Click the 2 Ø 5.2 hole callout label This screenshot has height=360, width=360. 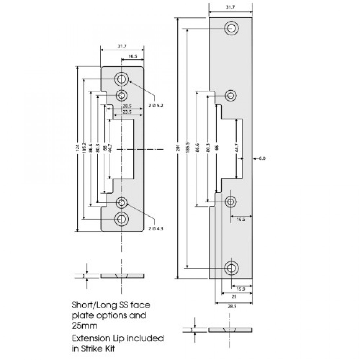157,105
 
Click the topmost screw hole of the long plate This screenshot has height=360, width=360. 231,28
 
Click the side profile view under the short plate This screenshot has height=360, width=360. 122,276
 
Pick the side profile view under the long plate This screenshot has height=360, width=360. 230,330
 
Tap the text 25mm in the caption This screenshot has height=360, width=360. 84,326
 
